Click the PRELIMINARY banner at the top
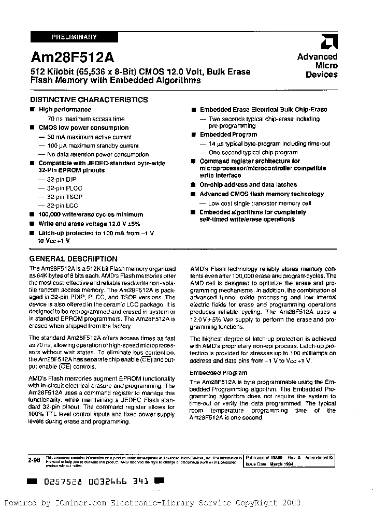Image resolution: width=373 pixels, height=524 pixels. (x=74, y=37)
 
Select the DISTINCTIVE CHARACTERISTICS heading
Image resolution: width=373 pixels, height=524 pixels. (x=89, y=100)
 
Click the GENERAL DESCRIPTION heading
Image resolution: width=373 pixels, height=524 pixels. (x=73, y=259)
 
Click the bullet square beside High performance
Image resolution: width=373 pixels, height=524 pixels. (x=32, y=110)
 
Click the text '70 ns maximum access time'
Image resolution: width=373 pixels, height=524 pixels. (x=82, y=119)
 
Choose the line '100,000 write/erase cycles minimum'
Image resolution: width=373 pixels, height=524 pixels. (x=91, y=214)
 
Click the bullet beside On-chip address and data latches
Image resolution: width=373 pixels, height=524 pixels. (x=193, y=185)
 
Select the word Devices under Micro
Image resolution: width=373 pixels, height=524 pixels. (x=321, y=75)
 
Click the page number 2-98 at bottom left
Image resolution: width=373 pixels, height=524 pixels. (x=35, y=459)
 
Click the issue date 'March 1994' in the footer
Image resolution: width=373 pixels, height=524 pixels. (x=283, y=465)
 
